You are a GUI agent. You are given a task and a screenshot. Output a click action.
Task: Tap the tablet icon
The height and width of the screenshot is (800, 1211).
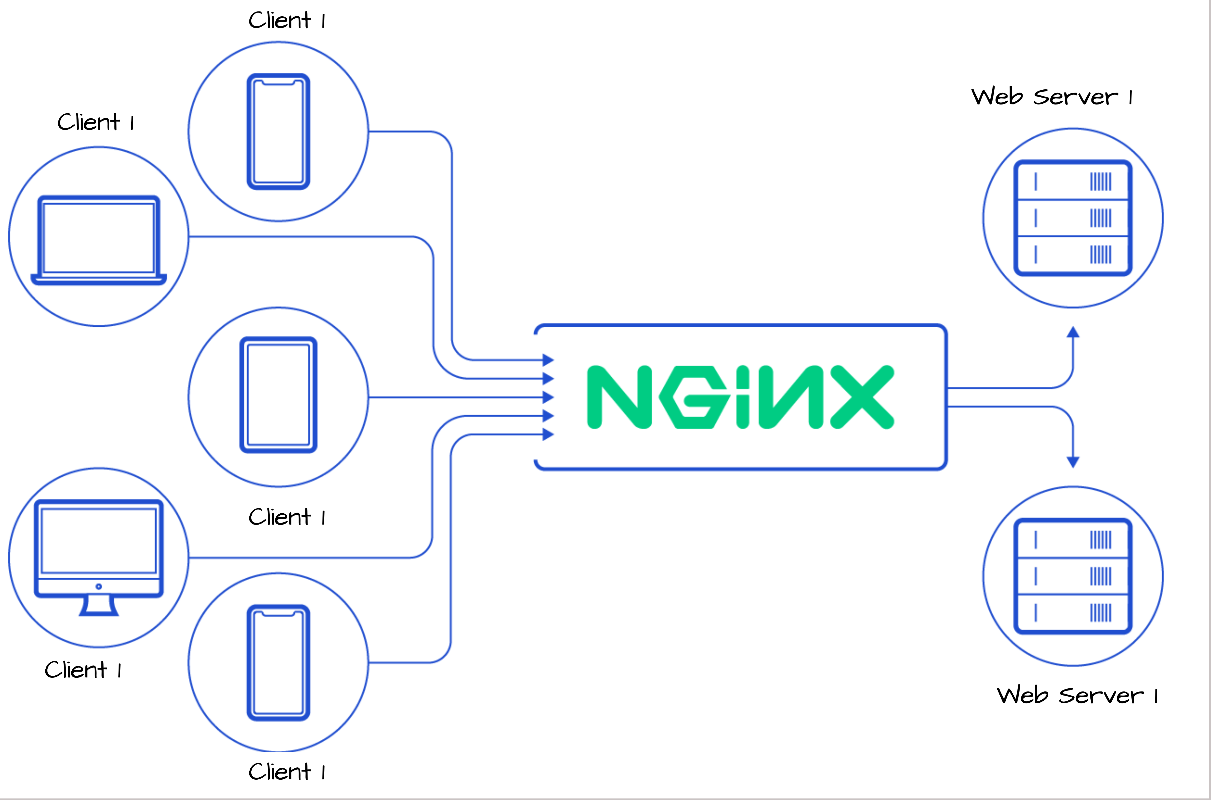click(278, 394)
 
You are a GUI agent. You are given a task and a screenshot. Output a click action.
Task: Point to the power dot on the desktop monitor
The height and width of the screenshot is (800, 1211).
click(98, 586)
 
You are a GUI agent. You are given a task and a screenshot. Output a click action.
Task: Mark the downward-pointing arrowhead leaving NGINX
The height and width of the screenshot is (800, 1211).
click(1073, 462)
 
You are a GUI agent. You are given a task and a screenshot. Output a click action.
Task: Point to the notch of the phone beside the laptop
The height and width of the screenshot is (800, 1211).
click(278, 82)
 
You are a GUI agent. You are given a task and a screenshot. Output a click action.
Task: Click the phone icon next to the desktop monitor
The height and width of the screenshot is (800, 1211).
click(278, 662)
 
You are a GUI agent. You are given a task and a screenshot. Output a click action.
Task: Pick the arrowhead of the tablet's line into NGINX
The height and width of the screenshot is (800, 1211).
click(548, 397)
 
